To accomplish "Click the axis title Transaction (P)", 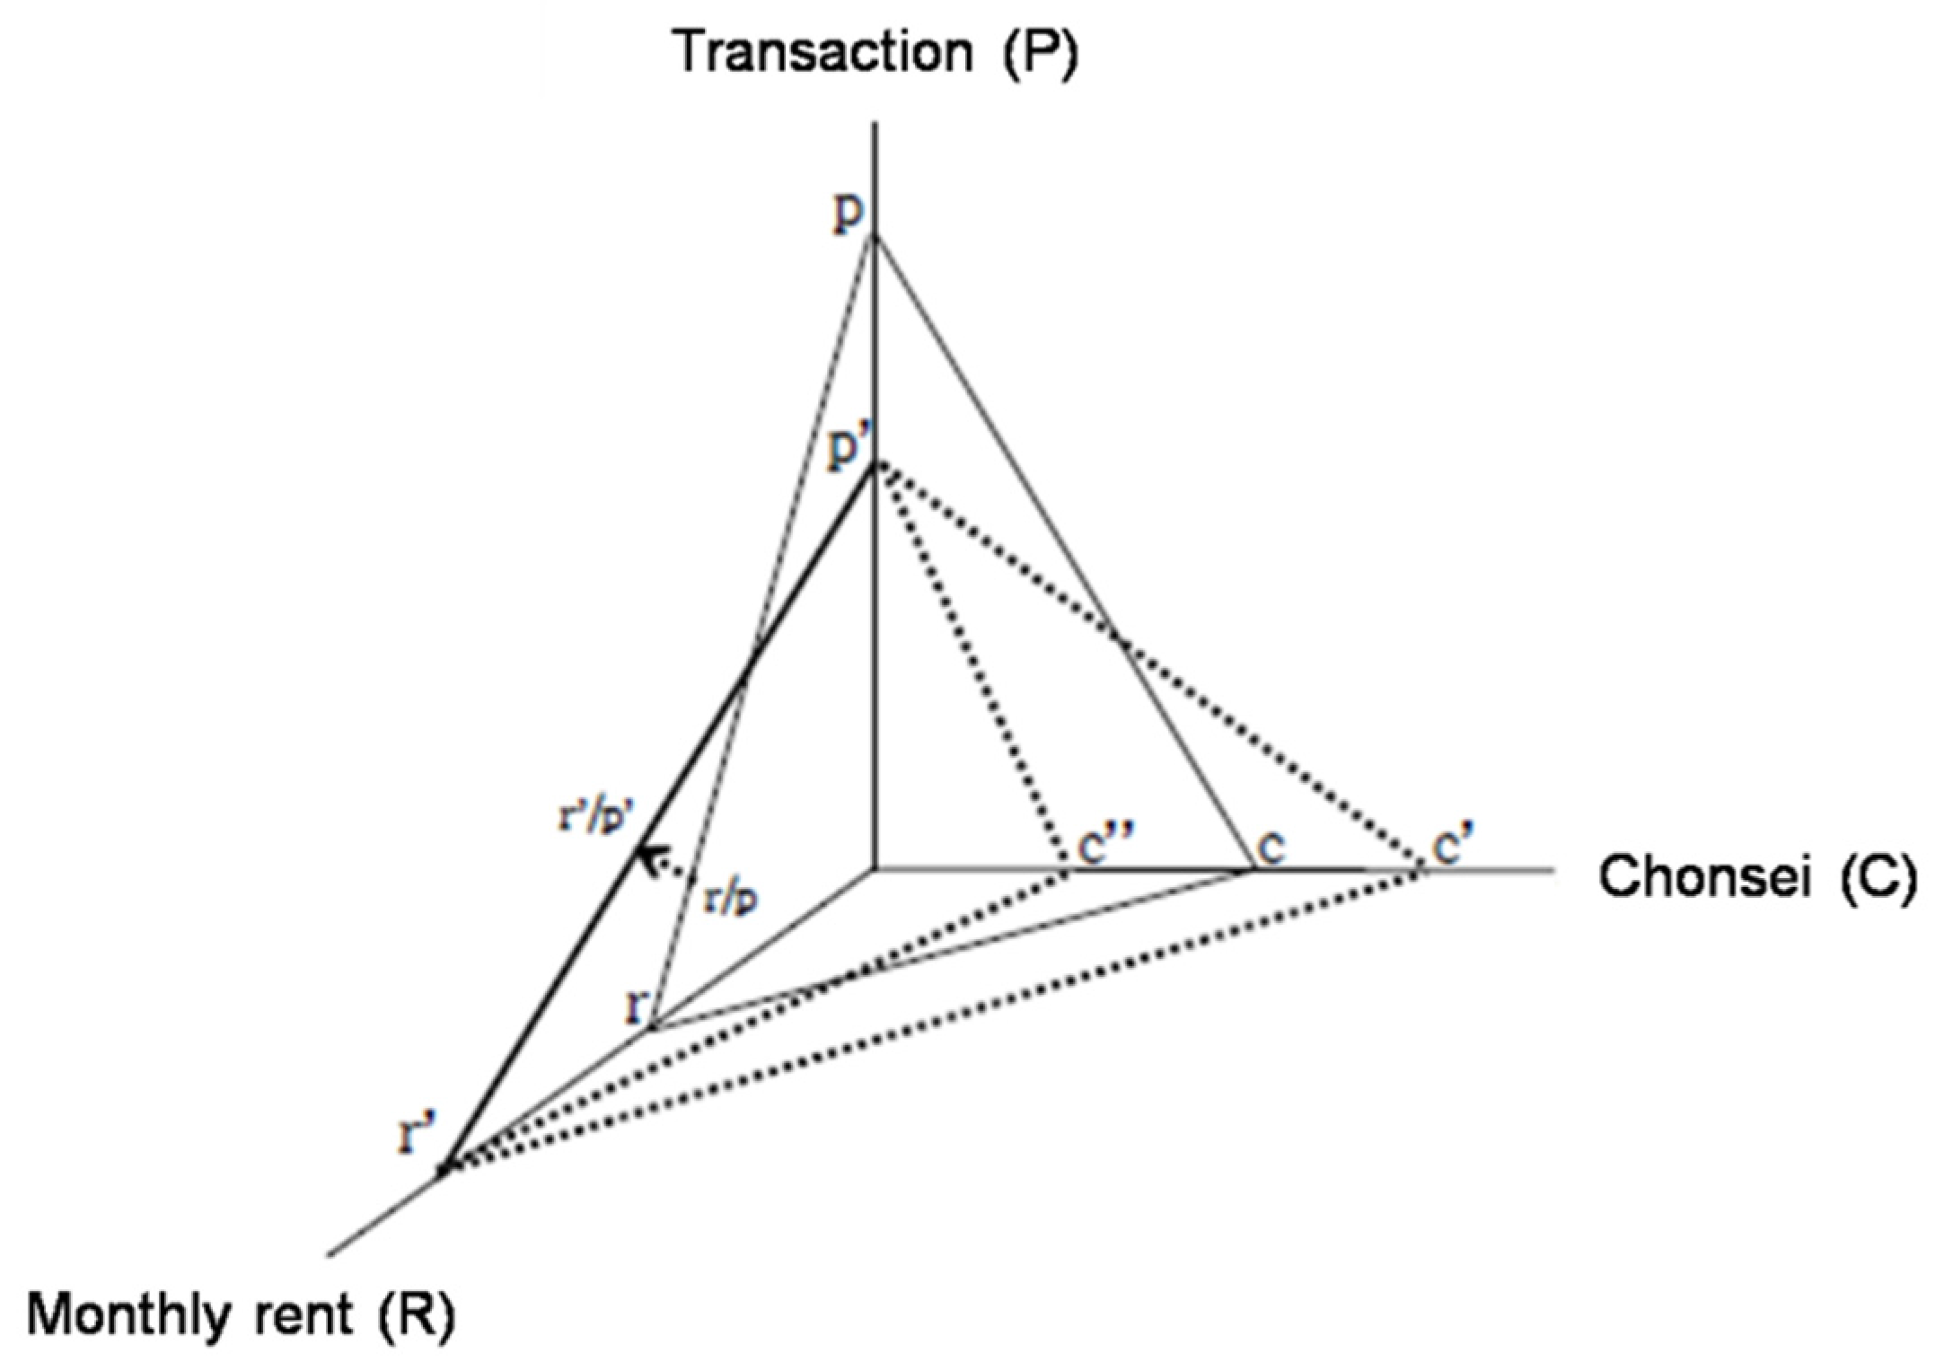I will coord(875,52).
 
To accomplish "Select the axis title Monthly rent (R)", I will coord(241,1315).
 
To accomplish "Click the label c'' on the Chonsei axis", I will coord(1105,846).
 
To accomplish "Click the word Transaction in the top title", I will coord(822,52).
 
